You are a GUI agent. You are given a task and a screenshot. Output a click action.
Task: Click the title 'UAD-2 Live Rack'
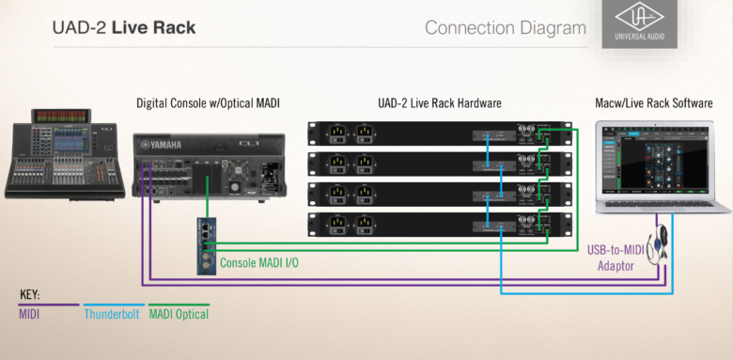tap(124, 27)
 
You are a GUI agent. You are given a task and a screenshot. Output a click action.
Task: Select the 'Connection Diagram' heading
tap(505, 27)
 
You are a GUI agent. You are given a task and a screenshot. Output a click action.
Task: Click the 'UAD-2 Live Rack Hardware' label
tap(439, 102)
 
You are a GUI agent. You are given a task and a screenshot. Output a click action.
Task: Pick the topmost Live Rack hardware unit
tap(439, 134)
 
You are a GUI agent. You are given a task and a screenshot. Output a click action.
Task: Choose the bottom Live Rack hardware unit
tap(439, 225)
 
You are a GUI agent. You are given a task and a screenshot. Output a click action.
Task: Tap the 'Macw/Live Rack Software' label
tap(654, 102)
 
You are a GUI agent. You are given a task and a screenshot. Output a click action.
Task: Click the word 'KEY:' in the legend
tap(30, 294)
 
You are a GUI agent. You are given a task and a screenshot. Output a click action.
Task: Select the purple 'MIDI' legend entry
tap(30, 314)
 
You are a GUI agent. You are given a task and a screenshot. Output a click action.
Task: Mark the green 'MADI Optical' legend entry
tap(179, 314)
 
